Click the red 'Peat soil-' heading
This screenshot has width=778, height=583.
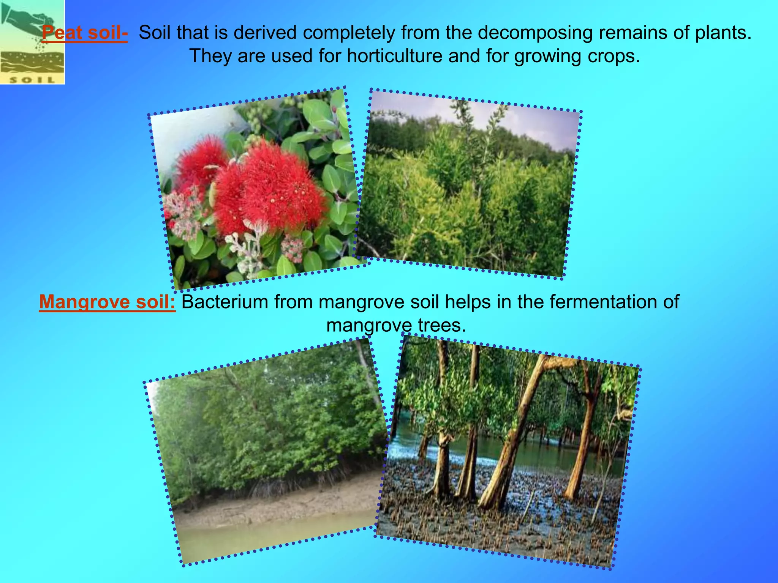[84, 33]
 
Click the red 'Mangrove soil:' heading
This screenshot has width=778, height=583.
[107, 302]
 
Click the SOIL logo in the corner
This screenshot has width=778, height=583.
[32, 42]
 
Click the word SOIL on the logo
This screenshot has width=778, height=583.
[32, 80]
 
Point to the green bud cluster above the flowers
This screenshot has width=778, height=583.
[258, 112]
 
